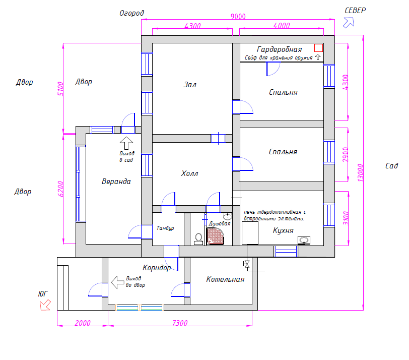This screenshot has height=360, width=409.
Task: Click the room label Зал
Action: click(190, 85)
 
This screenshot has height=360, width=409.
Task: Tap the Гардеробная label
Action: click(279, 49)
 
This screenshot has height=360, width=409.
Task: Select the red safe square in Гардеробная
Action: click(318, 48)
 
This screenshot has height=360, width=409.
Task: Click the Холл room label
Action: click(189, 173)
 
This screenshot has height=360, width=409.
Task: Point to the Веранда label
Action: click(116, 182)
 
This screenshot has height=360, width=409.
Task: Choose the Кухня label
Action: click(283, 230)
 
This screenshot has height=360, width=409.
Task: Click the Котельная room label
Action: click(225, 279)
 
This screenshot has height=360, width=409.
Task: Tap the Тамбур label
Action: click(165, 228)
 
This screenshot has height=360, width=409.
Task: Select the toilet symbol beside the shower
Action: click(198, 238)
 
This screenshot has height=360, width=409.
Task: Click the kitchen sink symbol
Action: click(304, 240)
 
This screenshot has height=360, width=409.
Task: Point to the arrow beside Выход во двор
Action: click(117, 282)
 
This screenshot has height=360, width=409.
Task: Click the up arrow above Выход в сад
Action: click(126, 142)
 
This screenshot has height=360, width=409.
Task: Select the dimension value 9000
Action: click(238, 16)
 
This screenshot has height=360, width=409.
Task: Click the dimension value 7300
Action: click(180, 323)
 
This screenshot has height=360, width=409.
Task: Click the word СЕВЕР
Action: click(355, 11)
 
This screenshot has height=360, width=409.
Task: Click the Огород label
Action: click(131, 13)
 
